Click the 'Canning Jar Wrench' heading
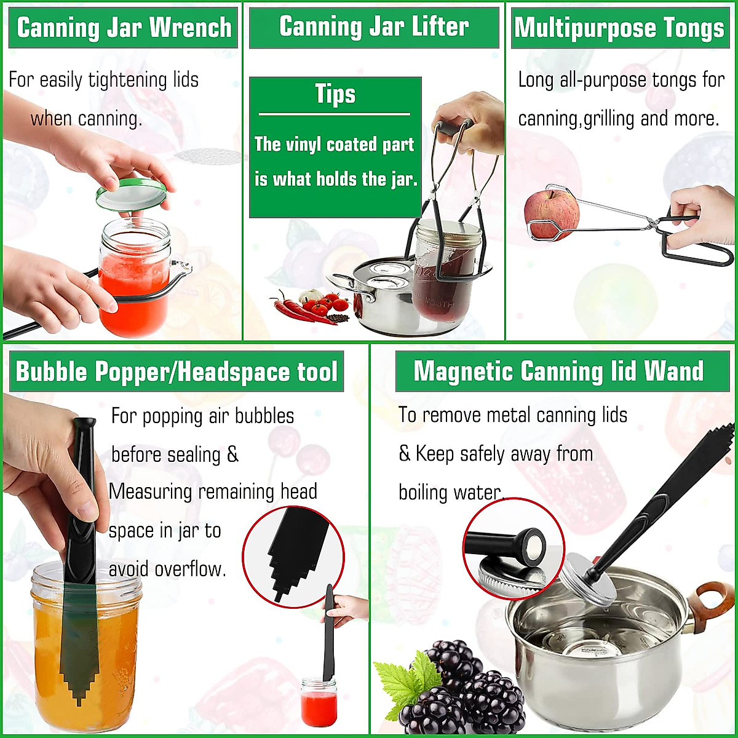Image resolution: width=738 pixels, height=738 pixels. point(124,28)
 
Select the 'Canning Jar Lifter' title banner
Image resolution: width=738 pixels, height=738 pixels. point(374,27)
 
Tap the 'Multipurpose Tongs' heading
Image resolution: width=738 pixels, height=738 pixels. point(619,28)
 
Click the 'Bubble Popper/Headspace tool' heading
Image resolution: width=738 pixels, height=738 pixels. point(177,372)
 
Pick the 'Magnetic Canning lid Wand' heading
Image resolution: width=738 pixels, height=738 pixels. point(558,371)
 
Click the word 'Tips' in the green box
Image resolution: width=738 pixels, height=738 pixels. point(335,94)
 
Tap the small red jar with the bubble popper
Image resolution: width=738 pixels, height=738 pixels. point(319,701)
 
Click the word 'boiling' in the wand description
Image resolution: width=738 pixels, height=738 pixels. point(424,493)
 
